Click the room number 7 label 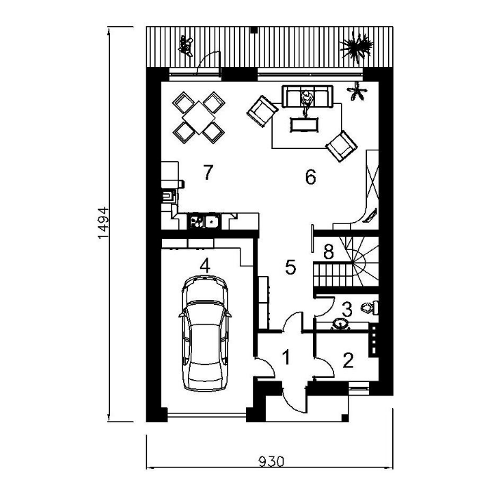208,172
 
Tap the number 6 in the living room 310,177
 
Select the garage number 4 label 205,266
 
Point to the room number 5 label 290,267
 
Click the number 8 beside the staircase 329,252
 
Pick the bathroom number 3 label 347,310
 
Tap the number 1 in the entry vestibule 286,357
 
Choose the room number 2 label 348,360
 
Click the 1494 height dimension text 103,223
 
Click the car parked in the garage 205,333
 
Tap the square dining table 199,118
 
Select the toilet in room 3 370,307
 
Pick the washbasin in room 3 340,324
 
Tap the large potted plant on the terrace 357,48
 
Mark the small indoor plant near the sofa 357,91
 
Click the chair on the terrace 186,46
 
